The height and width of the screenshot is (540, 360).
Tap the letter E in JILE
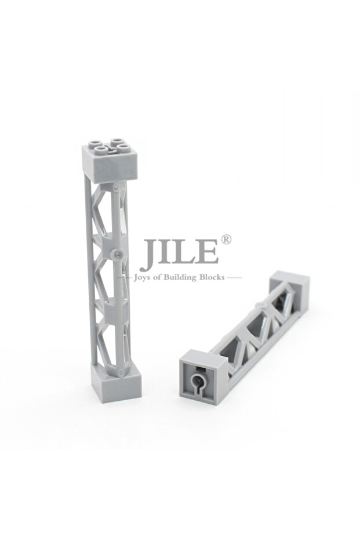[x=206, y=252]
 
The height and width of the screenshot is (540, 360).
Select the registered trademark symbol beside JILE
[x=226, y=240]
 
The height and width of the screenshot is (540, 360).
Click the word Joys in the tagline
[x=143, y=278]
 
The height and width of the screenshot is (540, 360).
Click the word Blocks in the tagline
[x=212, y=277]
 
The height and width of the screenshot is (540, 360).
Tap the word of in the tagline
[x=158, y=277]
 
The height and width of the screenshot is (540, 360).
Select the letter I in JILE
[x=163, y=252]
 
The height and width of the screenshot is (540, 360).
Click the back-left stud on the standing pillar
[x=95, y=142]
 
